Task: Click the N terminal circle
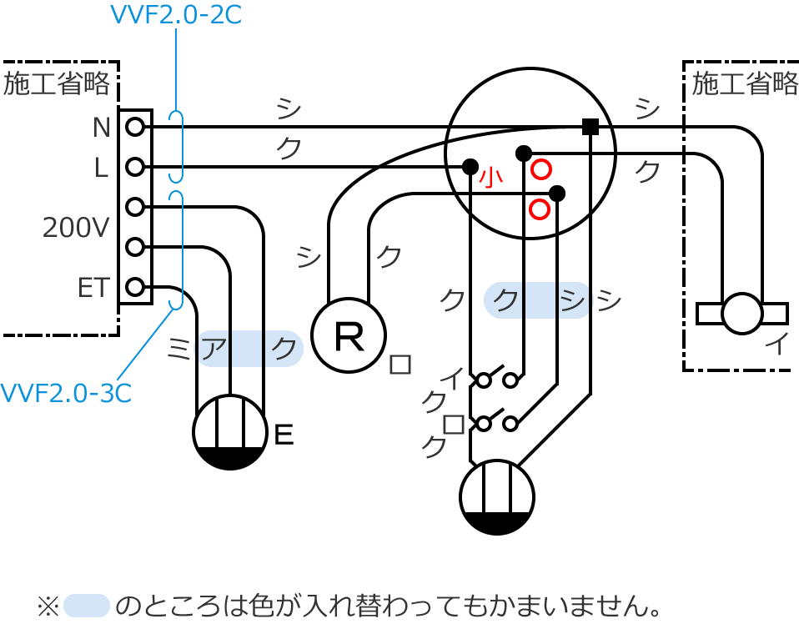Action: tap(135, 127)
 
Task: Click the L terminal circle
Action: tap(135, 167)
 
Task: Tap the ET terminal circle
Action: tap(135, 287)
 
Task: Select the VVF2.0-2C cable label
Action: tap(176, 15)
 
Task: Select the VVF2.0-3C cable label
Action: tap(66, 393)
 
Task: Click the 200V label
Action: tap(76, 228)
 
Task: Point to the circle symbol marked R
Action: tap(349, 336)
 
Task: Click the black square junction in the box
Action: tap(590, 127)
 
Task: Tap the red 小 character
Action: tap(491, 178)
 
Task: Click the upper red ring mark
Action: tap(541, 169)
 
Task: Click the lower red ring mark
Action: tap(540, 209)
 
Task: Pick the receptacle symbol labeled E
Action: tap(230, 432)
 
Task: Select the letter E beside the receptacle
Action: tap(284, 435)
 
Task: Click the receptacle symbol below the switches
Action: tap(497, 497)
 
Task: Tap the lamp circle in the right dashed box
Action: tap(742, 314)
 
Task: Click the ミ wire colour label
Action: tap(178, 349)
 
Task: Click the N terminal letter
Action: tap(102, 128)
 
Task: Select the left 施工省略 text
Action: tap(57, 83)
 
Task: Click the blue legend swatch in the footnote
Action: tap(87, 606)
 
